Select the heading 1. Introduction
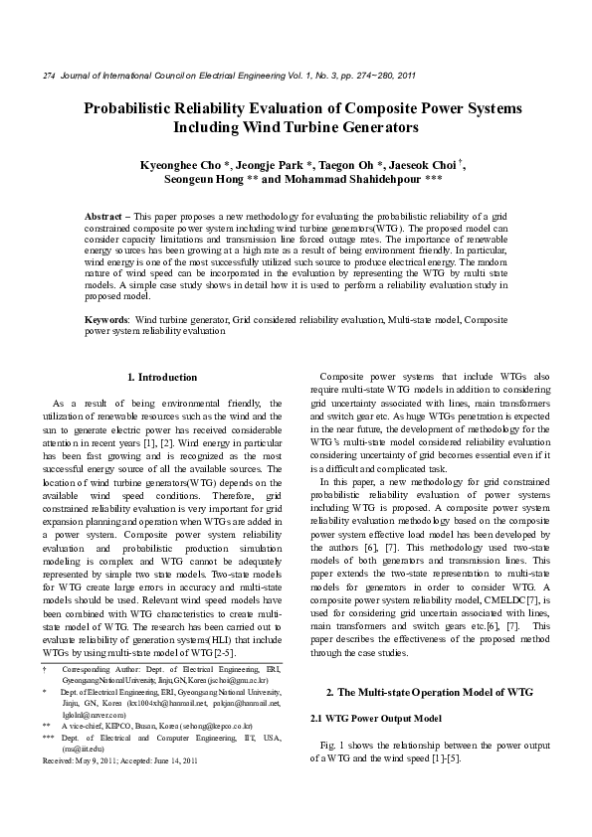163,378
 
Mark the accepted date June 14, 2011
193,759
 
